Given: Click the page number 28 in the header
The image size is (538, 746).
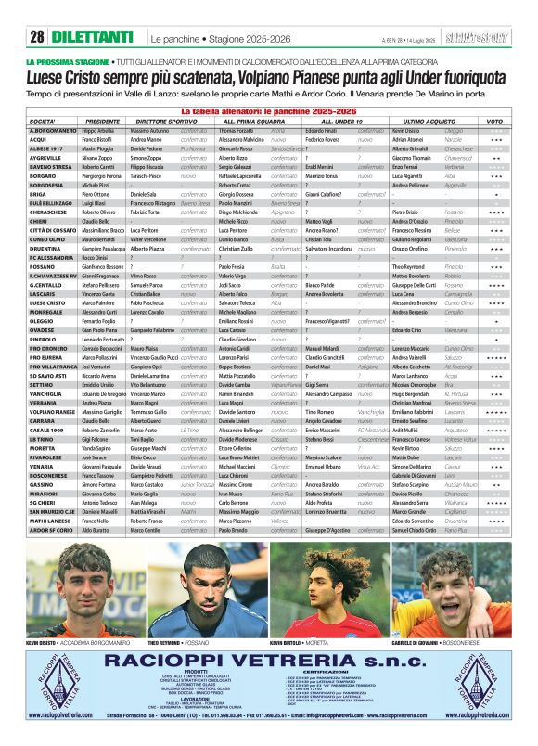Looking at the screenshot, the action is click(37, 37).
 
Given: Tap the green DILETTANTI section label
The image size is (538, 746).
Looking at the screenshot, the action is click(92, 37).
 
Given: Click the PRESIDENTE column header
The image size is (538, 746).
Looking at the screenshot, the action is click(103, 122).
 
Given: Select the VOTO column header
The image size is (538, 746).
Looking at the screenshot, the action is click(495, 122).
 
